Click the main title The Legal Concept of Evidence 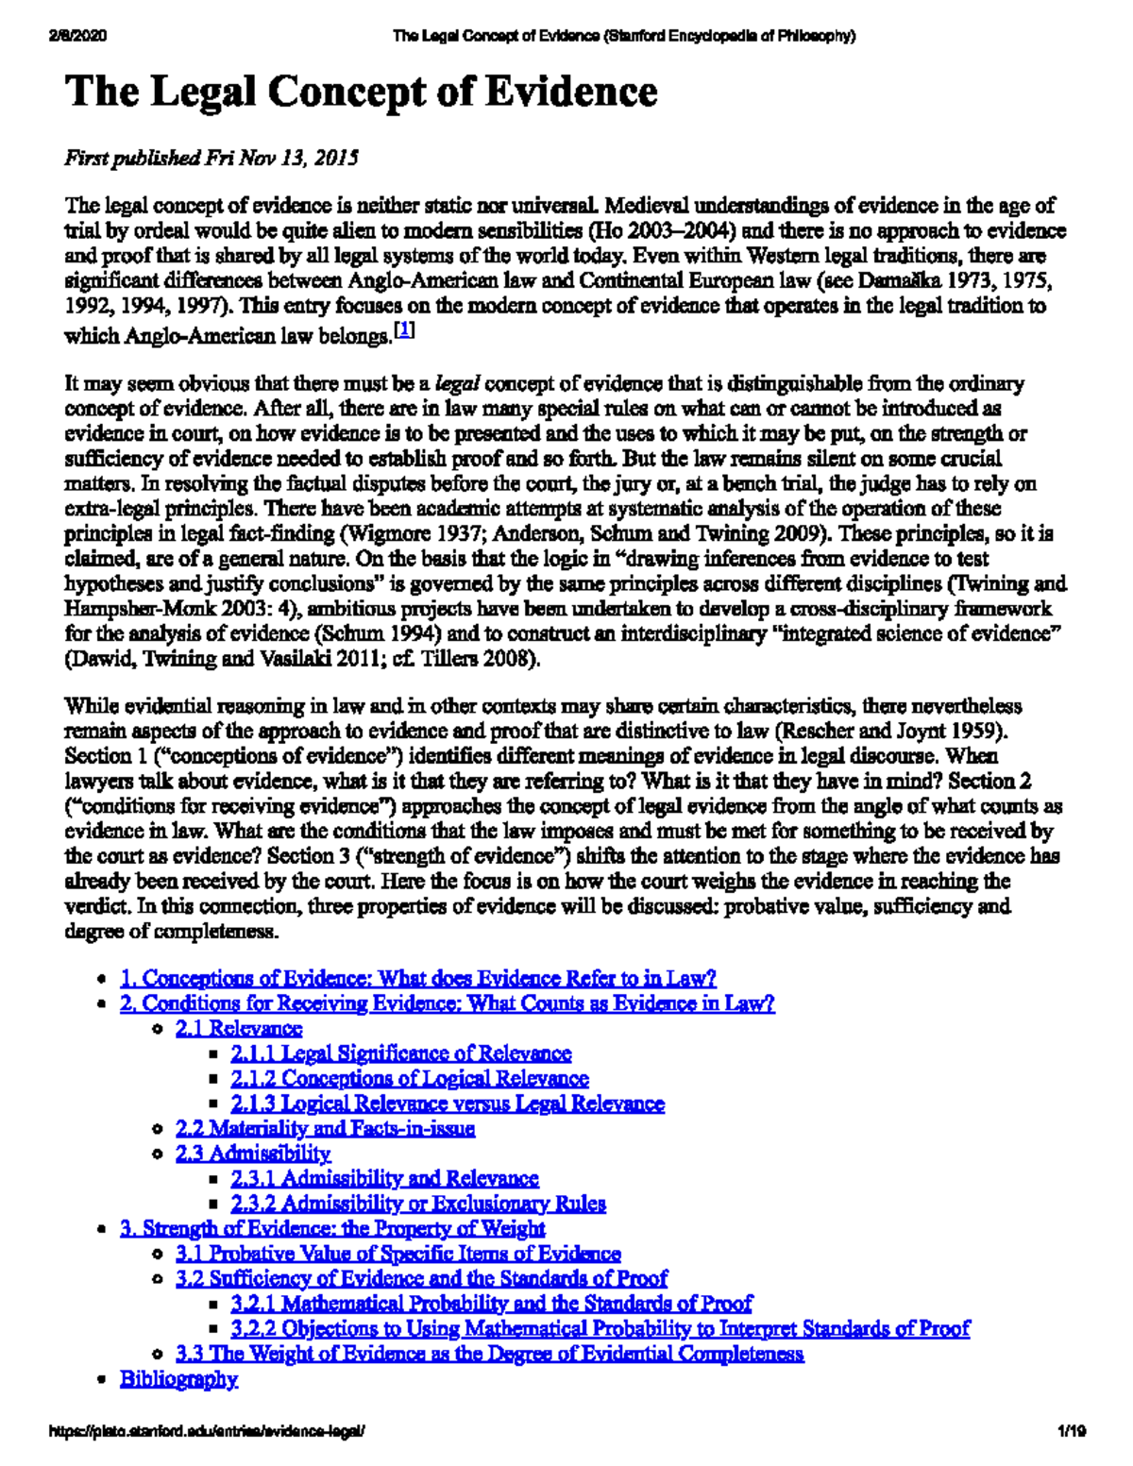pos(361,93)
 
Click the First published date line pos(211,158)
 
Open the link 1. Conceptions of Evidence pos(418,978)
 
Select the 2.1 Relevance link pos(239,1028)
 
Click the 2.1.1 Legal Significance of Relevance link pos(401,1053)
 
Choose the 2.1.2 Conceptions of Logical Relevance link pos(410,1078)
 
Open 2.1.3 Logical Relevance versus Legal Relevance pos(448,1104)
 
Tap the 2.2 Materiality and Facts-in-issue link pos(326,1128)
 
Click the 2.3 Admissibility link pos(253,1154)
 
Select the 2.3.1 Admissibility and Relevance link pos(385,1178)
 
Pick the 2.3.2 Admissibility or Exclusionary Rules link pos(418,1204)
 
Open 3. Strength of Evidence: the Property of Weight pos(332,1228)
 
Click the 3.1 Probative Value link pos(398,1254)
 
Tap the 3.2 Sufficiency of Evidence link pos(422,1278)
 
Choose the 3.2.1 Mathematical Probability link pos(492,1304)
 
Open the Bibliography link pos(178,1379)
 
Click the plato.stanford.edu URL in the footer pos(205,1431)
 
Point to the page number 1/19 pos(1072,1431)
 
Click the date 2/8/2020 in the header pos(76,36)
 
